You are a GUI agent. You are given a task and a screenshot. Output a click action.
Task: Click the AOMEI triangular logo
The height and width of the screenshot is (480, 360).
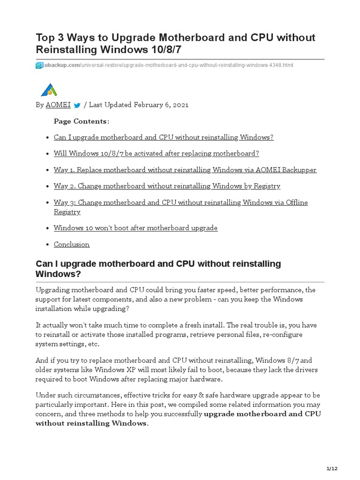click(x=48, y=90)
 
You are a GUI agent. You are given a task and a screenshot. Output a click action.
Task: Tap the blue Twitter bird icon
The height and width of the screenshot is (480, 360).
click(x=77, y=105)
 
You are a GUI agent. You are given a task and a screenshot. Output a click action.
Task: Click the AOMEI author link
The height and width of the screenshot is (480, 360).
click(x=58, y=105)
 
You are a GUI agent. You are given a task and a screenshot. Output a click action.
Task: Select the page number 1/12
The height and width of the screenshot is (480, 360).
click(x=332, y=469)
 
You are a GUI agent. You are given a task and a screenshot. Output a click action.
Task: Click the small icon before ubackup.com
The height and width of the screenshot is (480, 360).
click(x=39, y=66)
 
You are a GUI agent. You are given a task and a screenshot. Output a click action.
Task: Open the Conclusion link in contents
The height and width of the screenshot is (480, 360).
click(x=71, y=244)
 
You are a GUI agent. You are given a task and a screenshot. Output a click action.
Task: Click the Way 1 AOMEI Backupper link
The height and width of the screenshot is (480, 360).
click(x=185, y=170)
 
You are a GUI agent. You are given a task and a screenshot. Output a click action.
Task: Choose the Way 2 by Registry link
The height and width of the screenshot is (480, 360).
click(x=167, y=186)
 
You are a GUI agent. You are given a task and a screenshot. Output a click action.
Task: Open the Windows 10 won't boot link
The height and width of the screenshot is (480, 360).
click(x=135, y=228)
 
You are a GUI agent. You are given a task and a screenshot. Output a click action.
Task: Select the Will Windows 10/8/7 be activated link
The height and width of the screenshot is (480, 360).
click(x=156, y=153)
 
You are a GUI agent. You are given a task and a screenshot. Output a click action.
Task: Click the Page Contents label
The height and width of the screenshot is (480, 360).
click(x=82, y=121)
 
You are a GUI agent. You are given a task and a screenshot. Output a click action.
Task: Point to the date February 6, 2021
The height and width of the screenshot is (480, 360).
click(x=161, y=105)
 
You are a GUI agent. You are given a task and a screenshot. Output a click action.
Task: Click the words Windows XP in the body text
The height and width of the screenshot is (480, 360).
click(x=100, y=370)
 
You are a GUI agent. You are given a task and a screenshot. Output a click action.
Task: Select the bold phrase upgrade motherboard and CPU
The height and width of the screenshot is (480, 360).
click(x=262, y=414)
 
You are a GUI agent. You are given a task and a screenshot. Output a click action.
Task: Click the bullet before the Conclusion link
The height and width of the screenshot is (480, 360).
click(x=48, y=245)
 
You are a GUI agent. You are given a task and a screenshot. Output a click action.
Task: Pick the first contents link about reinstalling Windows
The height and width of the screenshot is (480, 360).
click(x=163, y=137)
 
